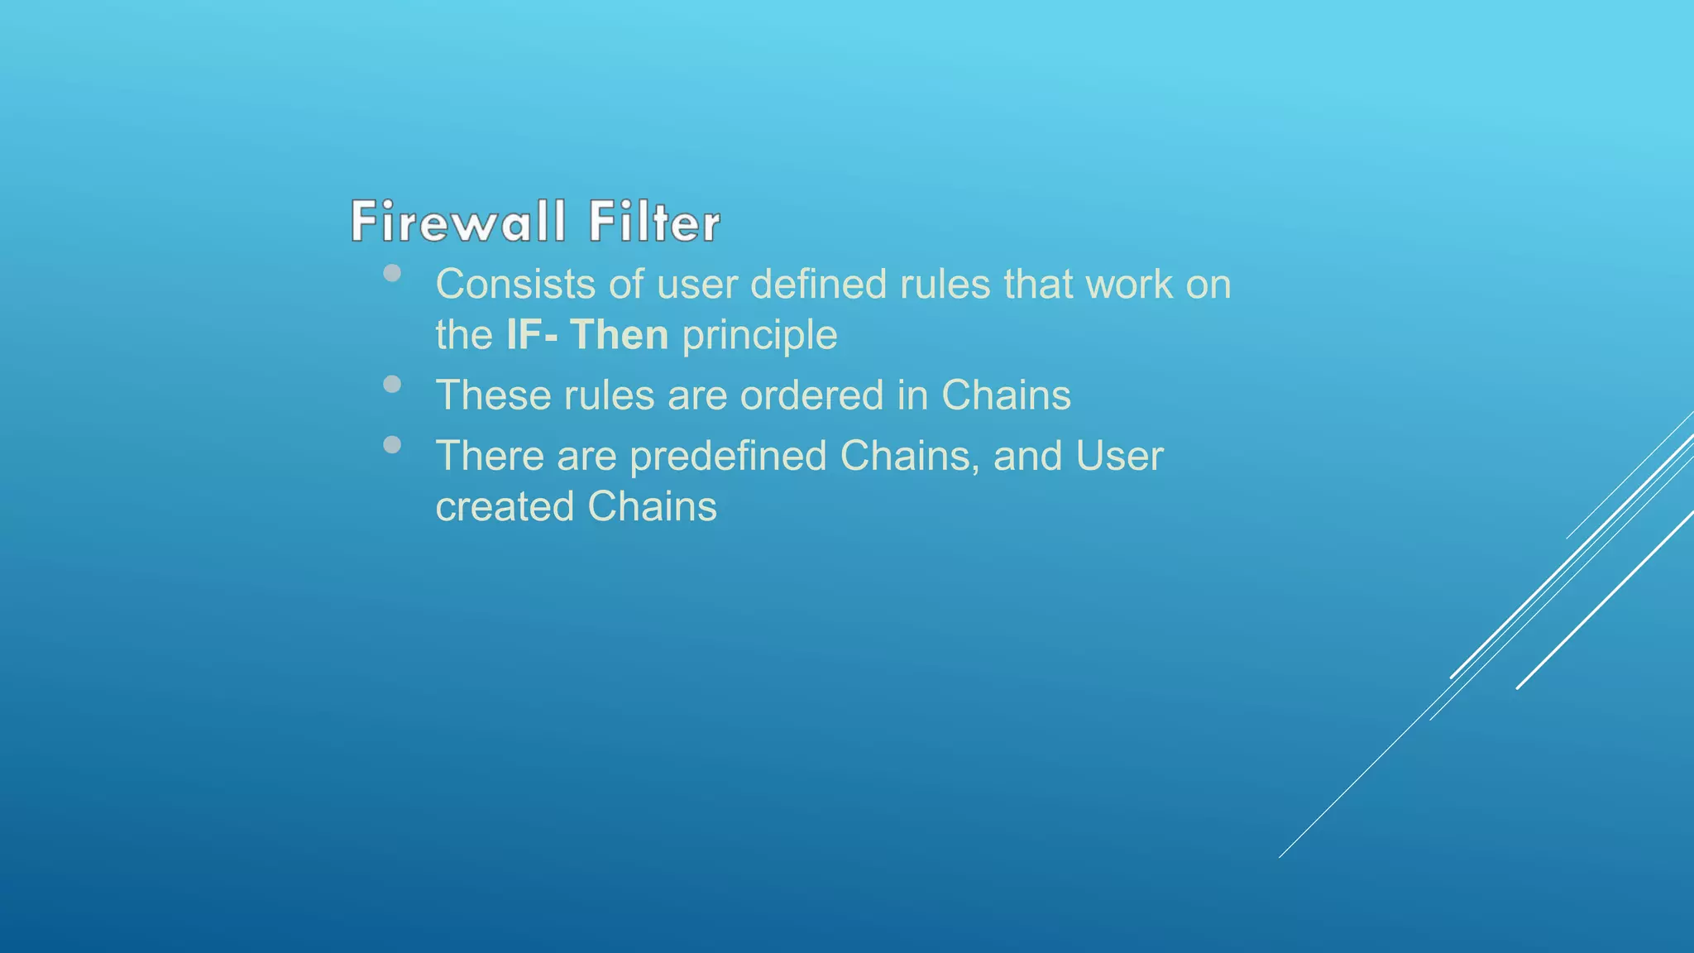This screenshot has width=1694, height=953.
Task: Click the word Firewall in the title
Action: coord(457,222)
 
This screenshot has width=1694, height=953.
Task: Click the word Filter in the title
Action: coord(653,222)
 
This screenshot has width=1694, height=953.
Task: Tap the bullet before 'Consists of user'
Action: coord(392,273)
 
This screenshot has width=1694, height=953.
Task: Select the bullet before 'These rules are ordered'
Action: coord(392,384)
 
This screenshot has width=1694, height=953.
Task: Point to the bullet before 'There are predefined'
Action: coord(392,445)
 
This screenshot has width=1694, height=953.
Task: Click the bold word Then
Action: coord(619,335)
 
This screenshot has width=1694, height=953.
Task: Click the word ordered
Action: coord(811,395)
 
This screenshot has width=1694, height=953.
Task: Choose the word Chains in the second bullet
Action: coord(1006,395)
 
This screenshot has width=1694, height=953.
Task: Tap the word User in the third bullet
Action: coord(1119,457)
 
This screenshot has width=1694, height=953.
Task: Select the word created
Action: coord(505,507)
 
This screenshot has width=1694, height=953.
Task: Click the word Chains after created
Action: coord(652,507)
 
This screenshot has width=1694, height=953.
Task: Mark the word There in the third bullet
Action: coord(490,457)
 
